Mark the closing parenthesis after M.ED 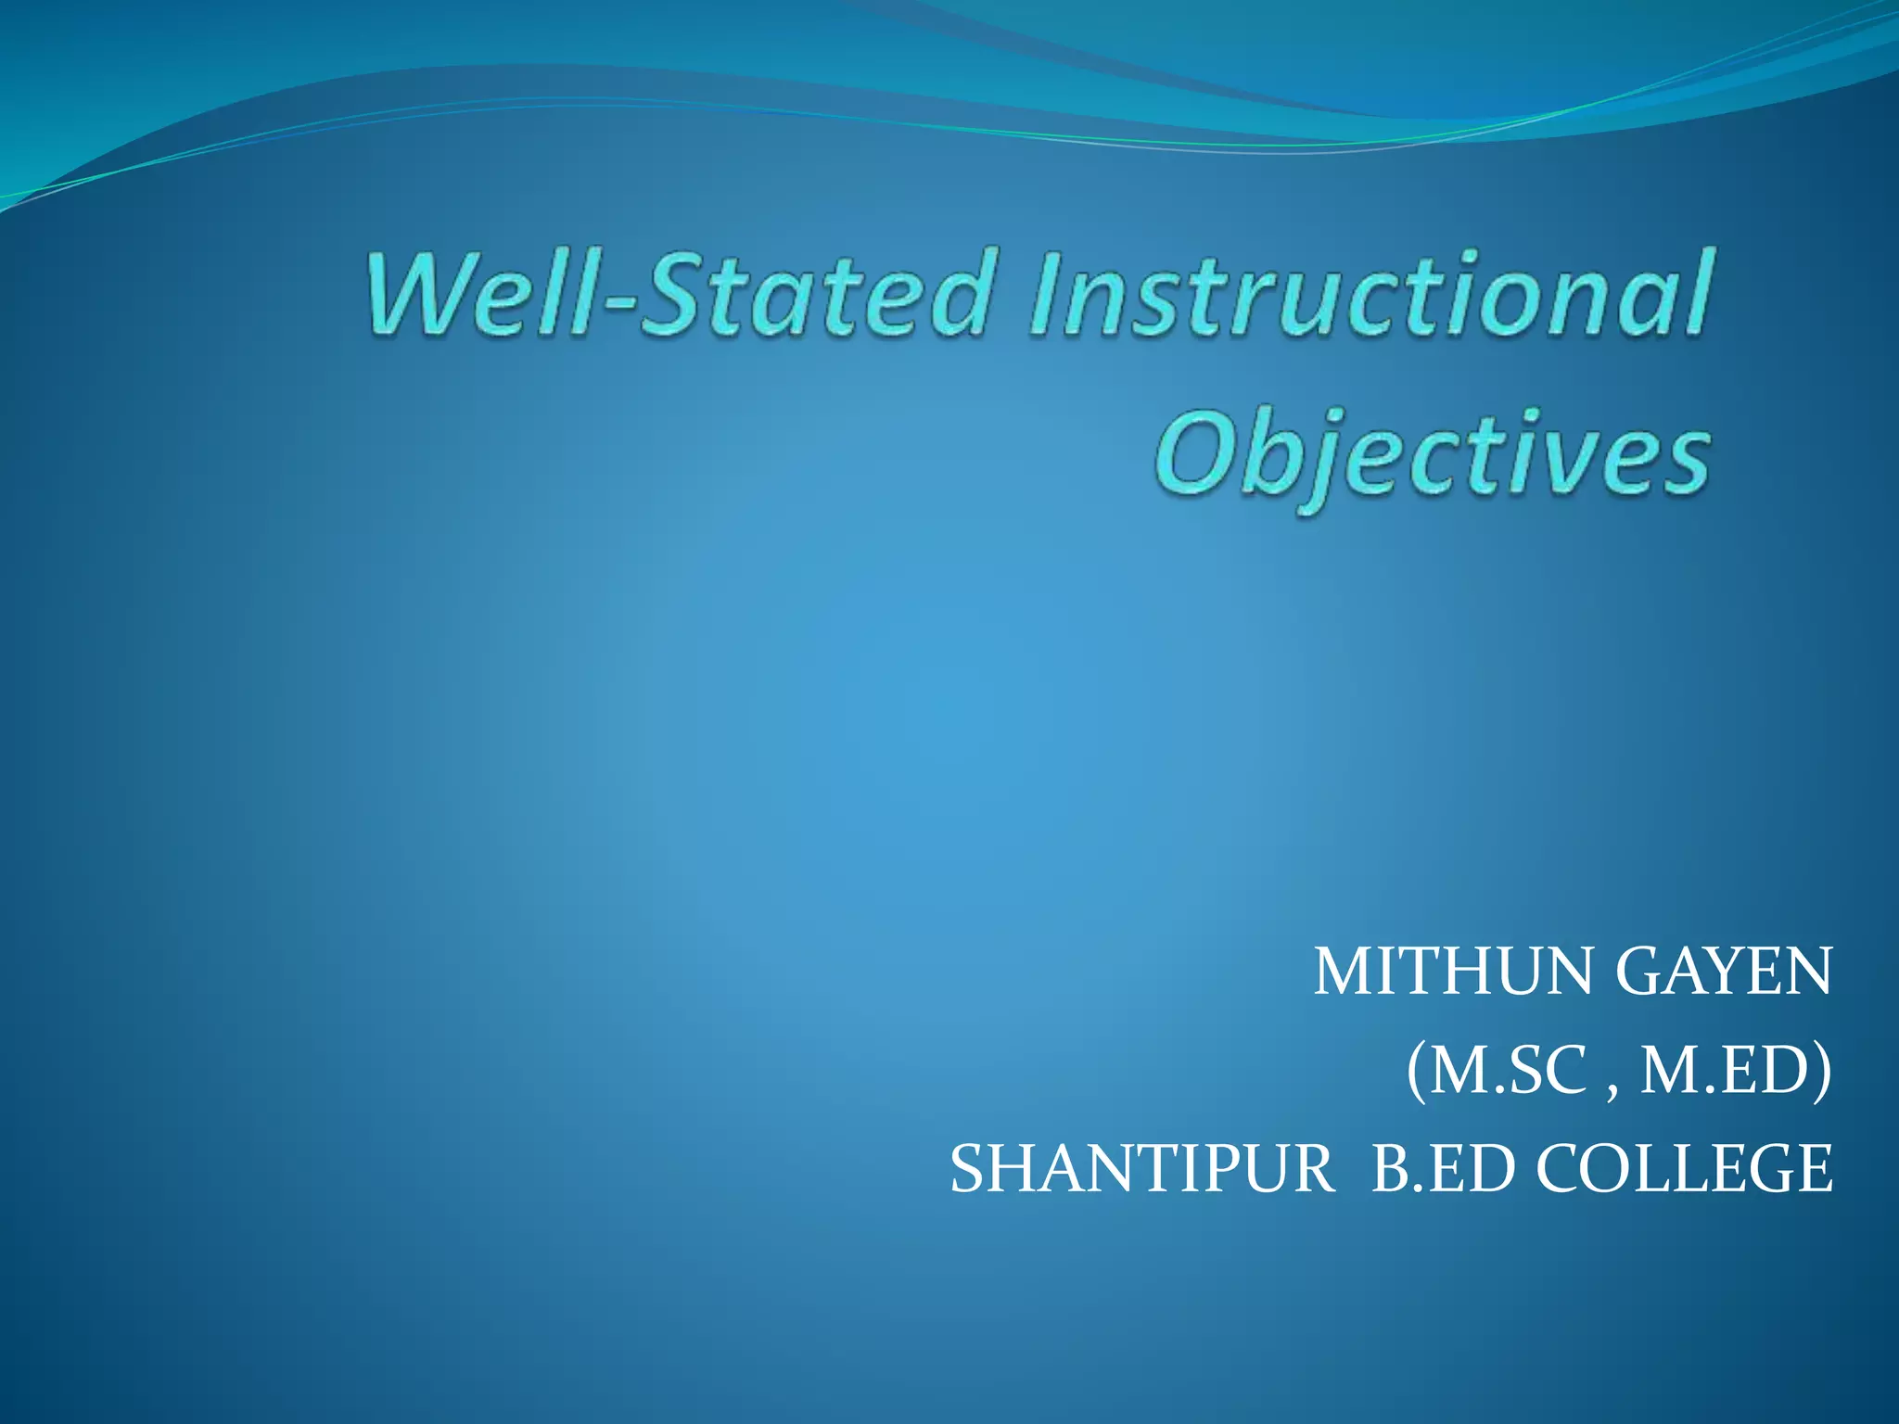(x=1823, y=1073)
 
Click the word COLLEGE (x=1684, y=1169)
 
